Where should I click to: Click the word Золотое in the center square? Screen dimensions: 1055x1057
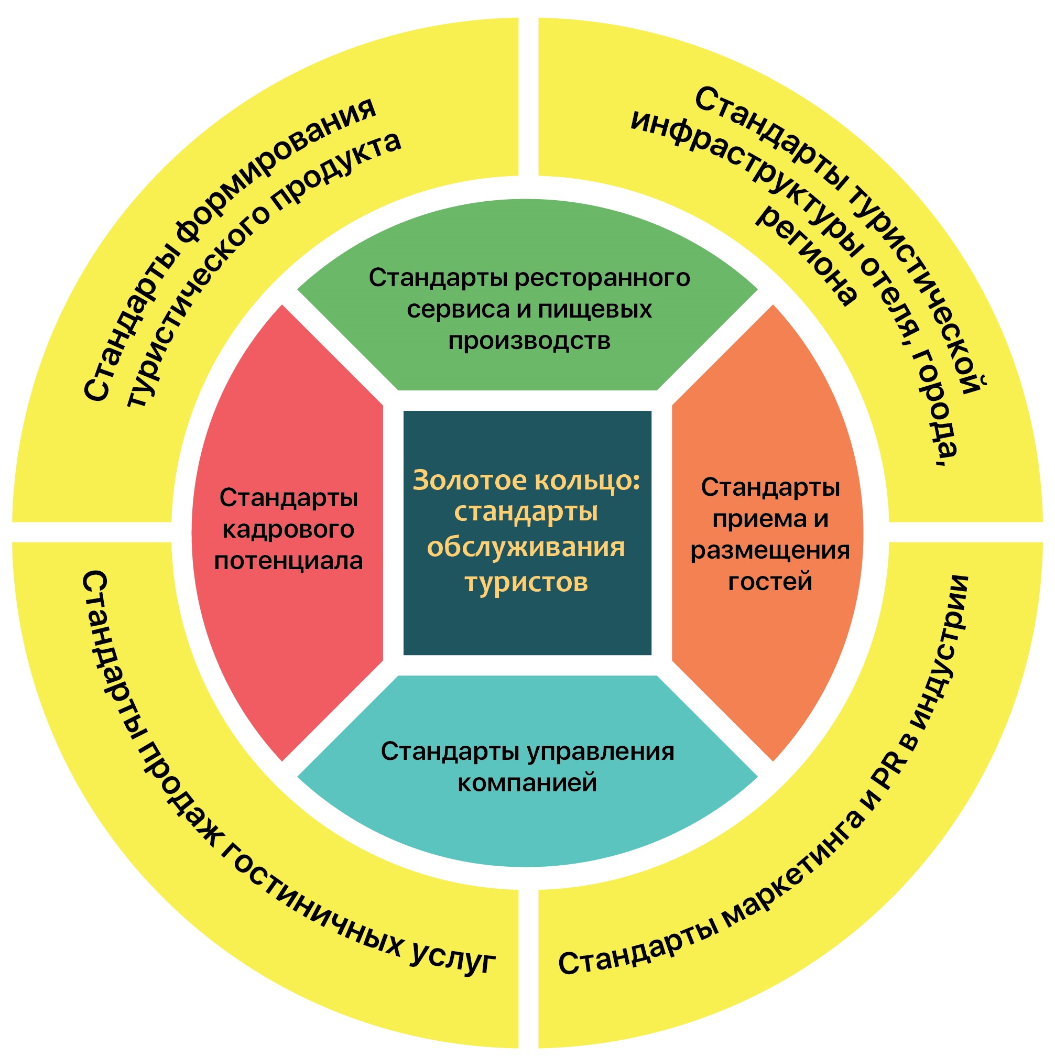470,481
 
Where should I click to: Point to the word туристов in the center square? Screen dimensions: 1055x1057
526,582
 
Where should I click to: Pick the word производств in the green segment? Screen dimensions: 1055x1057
529,341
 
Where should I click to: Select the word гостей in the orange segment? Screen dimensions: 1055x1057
770,581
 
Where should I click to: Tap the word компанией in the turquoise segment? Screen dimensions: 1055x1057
527,783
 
